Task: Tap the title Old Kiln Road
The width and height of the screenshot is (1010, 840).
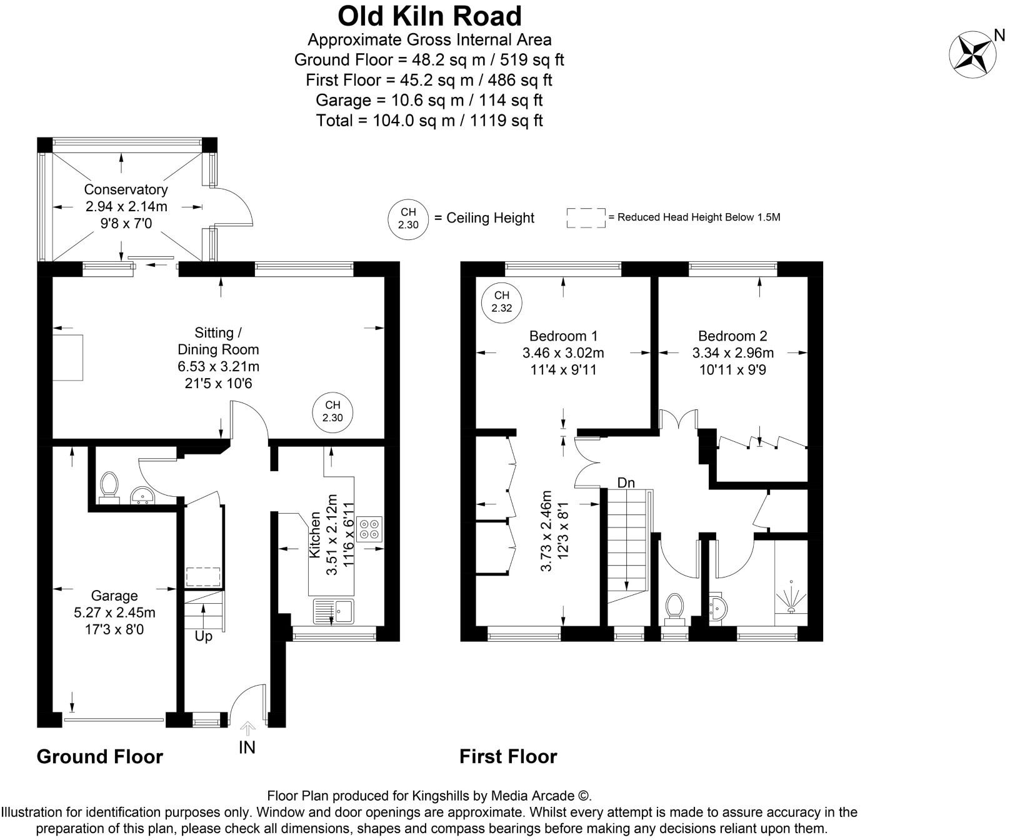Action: [x=429, y=16]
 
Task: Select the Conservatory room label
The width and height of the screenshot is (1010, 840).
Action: [x=126, y=189]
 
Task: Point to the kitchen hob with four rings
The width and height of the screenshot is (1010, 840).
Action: [x=369, y=529]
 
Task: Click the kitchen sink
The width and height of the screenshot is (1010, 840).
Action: [x=334, y=611]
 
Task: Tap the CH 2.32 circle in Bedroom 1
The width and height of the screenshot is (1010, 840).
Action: [x=501, y=302]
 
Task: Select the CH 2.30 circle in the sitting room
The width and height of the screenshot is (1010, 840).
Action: [x=332, y=412]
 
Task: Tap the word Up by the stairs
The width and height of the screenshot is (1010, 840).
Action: [x=204, y=636]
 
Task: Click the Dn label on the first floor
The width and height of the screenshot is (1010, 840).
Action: [x=626, y=482]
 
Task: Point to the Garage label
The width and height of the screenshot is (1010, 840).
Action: [x=114, y=596]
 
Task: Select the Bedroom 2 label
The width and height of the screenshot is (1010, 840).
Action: [x=732, y=336]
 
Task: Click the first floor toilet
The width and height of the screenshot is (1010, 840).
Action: [x=674, y=608]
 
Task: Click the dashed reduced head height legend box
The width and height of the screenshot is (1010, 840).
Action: [x=586, y=217]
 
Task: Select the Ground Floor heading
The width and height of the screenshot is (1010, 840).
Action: [x=100, y=756]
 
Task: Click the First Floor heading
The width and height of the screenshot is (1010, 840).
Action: [x=508, y=756]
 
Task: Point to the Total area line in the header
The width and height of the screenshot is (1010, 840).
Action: [x=429, y=120]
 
